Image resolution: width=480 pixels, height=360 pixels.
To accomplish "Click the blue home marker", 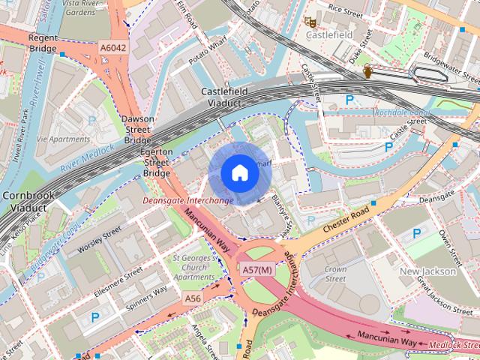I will (238, 172).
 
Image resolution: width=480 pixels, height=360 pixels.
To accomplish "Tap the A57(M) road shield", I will (257, 268).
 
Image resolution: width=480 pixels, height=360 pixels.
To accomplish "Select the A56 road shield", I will (193, 298).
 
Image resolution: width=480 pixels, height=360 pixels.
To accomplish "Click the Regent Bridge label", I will (43, 43).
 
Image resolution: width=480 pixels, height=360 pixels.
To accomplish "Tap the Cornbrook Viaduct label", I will (26, 201).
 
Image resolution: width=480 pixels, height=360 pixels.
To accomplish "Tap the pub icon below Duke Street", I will (368, 71).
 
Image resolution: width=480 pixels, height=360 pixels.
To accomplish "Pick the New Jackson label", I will (428, 271).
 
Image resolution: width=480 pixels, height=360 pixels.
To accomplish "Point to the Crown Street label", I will (335, 274).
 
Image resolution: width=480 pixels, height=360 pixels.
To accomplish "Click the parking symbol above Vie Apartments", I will (91, 120).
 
